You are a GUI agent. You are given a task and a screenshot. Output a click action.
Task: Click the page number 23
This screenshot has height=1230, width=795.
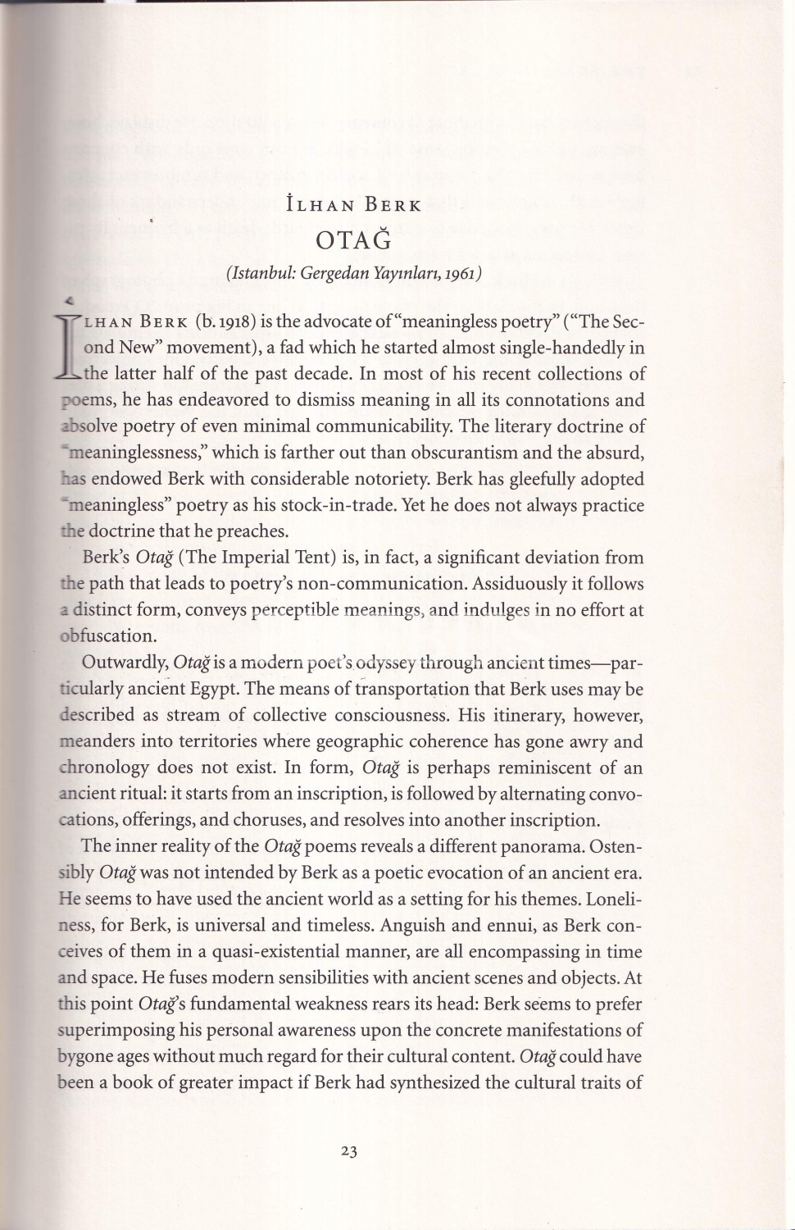(349, 1151)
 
